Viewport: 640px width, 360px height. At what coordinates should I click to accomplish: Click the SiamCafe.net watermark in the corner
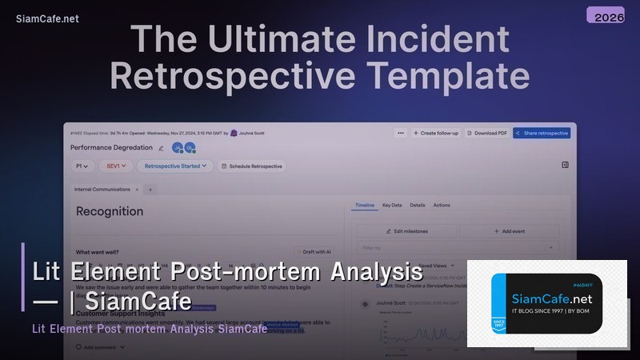47,18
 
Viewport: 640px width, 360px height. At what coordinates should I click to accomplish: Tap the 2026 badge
610,16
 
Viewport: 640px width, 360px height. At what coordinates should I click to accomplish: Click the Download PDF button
486,133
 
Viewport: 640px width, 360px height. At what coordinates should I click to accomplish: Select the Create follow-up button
436,133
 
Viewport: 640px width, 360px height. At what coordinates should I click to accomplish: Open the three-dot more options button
400,133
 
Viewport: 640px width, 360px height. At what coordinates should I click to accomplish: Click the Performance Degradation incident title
111,148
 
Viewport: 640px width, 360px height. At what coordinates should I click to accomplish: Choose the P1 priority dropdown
82,166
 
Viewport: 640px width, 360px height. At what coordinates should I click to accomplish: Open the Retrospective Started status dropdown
175,166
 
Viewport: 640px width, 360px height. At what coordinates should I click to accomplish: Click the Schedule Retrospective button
251,166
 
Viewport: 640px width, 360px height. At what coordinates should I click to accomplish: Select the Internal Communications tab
102,190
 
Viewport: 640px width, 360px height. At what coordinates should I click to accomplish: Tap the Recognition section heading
110,212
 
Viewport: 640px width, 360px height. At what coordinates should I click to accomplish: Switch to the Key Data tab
392,206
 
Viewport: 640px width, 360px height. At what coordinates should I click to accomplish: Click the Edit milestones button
406,231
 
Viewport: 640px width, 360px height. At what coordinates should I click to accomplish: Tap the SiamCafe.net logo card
546,303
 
